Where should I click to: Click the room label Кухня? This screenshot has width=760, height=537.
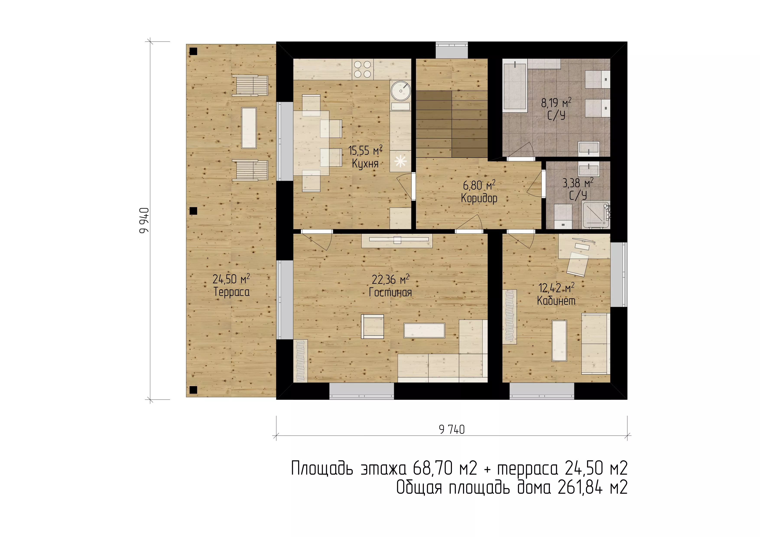pyautogui.click(x=365, y=164)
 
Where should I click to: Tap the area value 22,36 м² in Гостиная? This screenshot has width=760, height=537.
pyautogui.click(x=391, y=279)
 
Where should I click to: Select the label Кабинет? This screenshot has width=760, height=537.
pyautogui.click(x=556, y=301)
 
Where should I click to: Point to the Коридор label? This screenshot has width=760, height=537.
pyautogui.click(x=479, y=198)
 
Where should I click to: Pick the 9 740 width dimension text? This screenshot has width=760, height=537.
pyautogui.click(x=452, y=429)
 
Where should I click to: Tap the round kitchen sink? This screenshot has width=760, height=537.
pyautogui.click(x=401, y=90)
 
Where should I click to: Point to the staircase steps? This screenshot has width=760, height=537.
pyautogui.click(x=452, y=124)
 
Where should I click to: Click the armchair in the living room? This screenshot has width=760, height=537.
pyautogui.click(x=373, y=326)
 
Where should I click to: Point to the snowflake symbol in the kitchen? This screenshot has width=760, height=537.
pyautogui.click(x=401, y=161)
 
